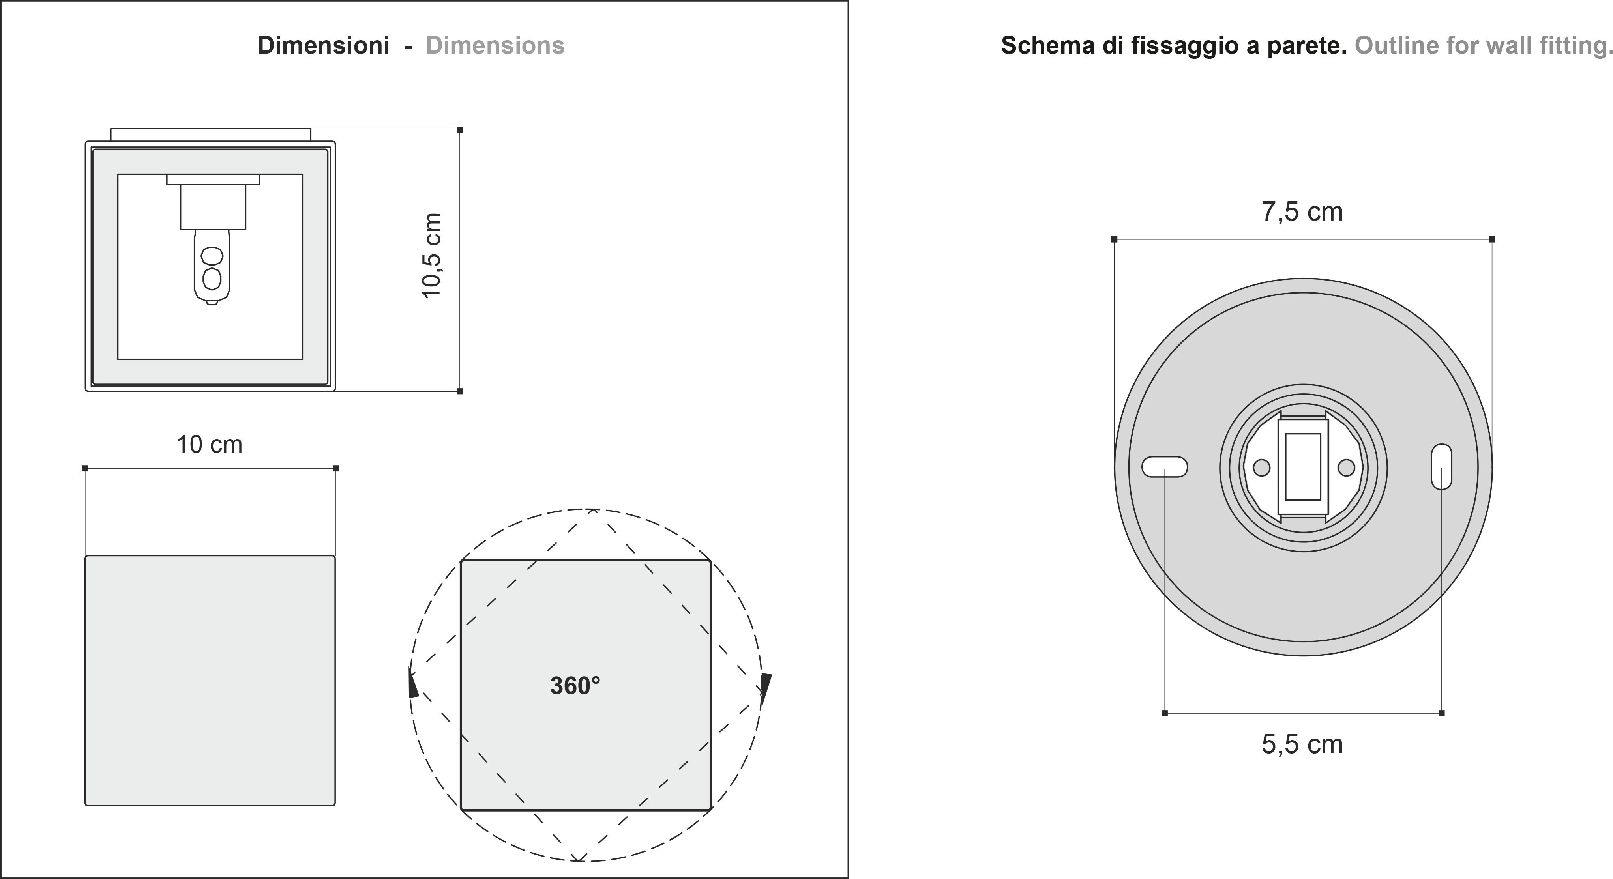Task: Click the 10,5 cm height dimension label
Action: tap(432, 255)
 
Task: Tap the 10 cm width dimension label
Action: tap(209, 445)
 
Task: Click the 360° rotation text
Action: tap(575, 686)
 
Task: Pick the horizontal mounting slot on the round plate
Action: tap(1165, 467)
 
